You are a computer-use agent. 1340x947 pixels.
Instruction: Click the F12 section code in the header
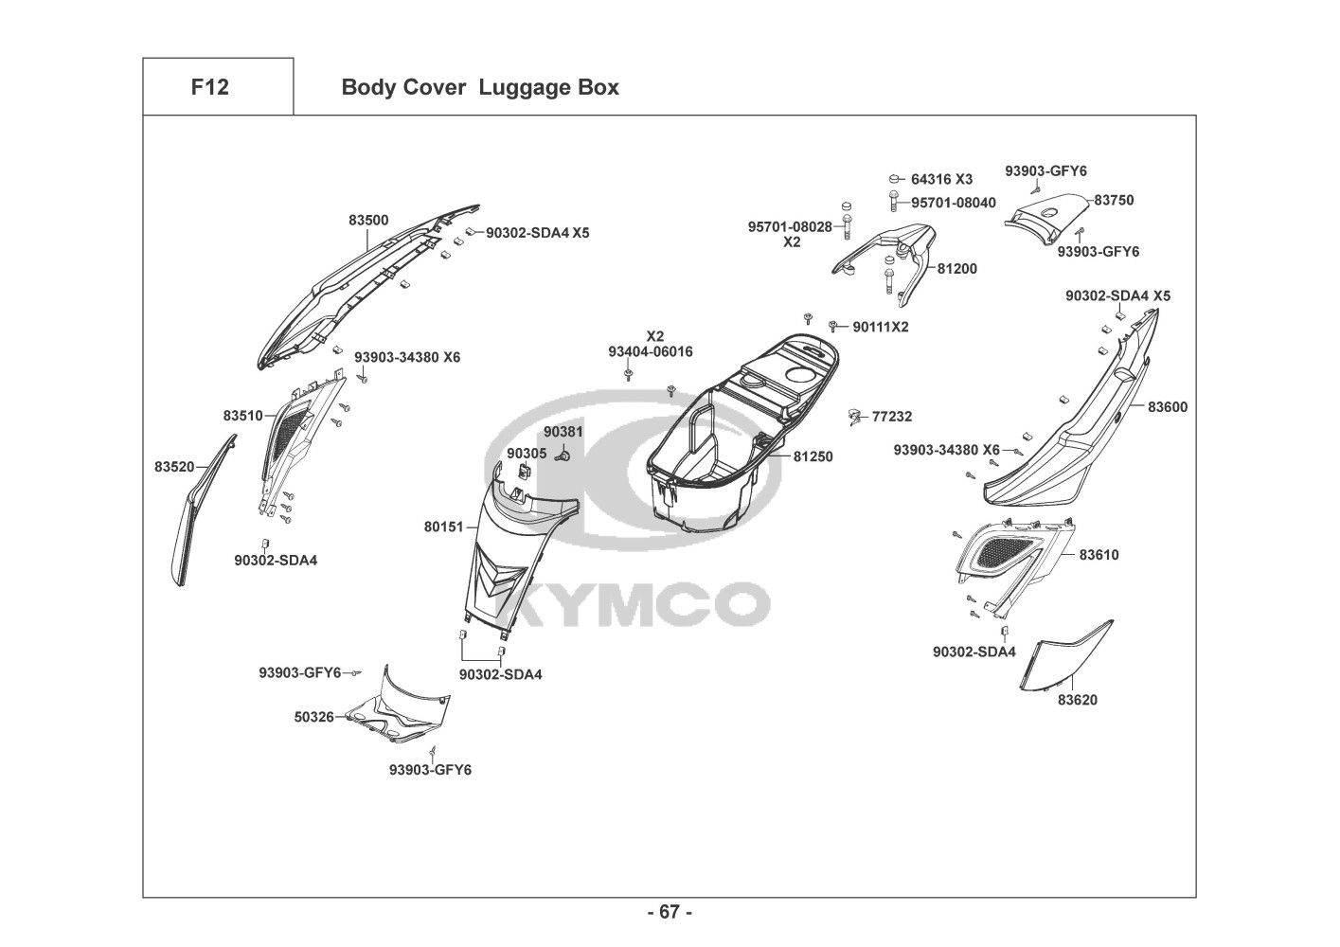coord(209,87)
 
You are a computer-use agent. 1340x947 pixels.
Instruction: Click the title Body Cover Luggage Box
coord(479,87)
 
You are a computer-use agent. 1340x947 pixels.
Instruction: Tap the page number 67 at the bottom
coord(670,912)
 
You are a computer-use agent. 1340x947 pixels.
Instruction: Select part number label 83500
coord(368,220)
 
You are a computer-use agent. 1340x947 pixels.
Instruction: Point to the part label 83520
coord(174,466)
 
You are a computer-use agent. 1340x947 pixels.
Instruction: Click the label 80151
coord(443,526)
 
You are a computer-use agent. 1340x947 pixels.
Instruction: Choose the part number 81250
coord(813,456)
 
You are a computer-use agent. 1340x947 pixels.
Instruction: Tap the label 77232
coord(892,416)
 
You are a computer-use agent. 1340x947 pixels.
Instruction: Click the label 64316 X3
coord(941,179)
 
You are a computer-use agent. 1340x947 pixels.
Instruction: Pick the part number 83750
coord(1114,201)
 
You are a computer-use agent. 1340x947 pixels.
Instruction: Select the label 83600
coord(1168,407)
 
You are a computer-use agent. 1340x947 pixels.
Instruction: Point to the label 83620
coord(1078,700)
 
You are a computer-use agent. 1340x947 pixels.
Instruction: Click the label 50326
coord(313,717)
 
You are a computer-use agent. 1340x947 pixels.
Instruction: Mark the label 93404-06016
coord(651,351)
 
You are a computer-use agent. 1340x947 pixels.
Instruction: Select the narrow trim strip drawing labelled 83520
coord(202,511)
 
